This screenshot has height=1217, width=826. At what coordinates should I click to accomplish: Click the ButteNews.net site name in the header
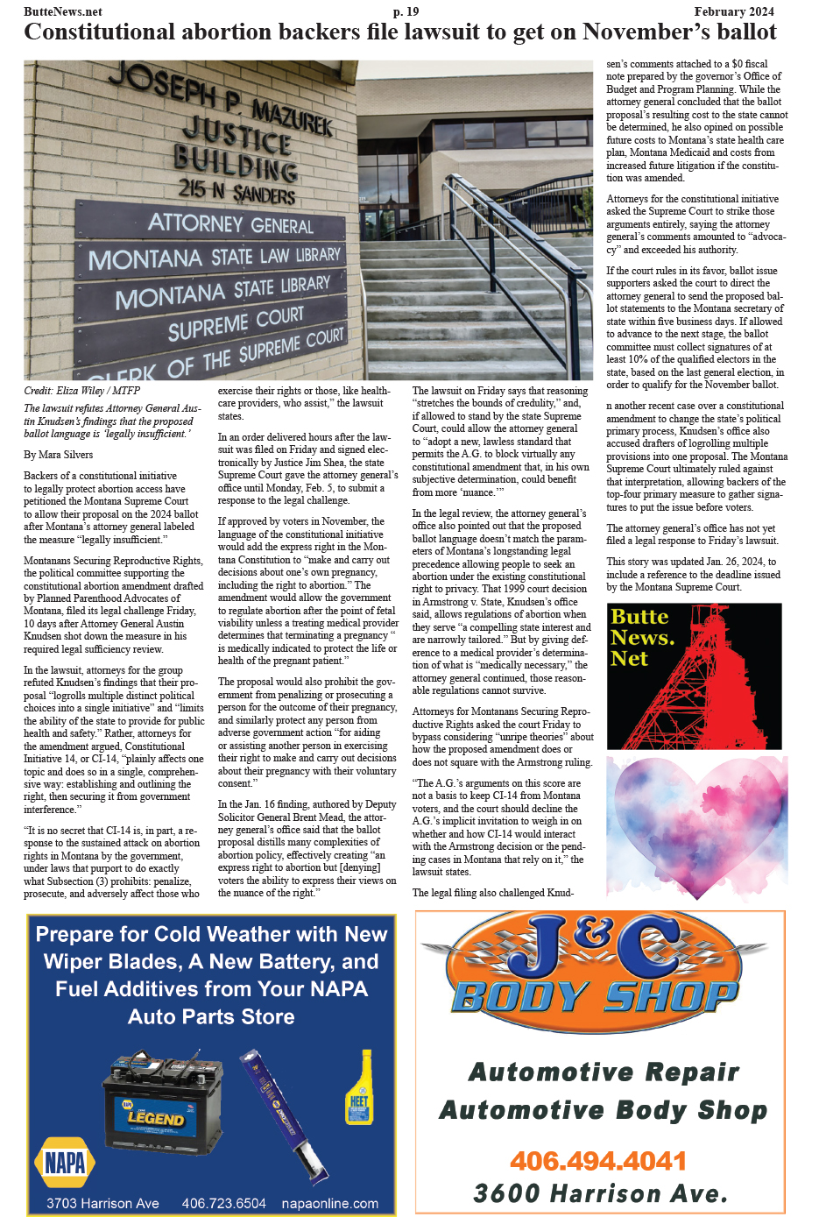[x=63, y=11]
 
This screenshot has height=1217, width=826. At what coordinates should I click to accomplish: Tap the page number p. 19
[x=406, y=11]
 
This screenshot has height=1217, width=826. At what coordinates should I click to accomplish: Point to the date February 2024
[x=734, y=11]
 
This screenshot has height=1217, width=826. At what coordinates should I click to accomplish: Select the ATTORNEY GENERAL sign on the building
[x=230, y=223]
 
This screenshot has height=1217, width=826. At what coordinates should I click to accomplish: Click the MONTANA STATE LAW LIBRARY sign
[x=215, y=258]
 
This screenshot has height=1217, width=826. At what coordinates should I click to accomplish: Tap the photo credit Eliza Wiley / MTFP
[x=81, y=391]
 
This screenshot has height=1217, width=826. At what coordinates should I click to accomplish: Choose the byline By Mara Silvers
[x=58, y=455]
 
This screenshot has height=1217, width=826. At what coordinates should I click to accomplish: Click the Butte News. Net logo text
[x=642, y=637]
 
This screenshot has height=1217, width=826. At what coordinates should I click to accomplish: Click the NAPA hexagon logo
[x=64, y=1163]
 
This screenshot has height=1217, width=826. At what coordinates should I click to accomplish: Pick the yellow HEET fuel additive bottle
[x=359, y=1088]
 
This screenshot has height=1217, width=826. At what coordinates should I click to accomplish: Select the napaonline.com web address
[x=329, y=1204]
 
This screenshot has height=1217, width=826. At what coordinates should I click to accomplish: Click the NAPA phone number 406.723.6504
[x=223, y=1204]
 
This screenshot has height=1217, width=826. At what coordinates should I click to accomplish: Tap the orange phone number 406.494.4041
[x=598, y=1161]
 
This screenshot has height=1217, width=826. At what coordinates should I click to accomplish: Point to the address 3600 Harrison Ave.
[x=600, y=1193]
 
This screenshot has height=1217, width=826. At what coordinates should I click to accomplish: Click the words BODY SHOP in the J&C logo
[x=596, y=996]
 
